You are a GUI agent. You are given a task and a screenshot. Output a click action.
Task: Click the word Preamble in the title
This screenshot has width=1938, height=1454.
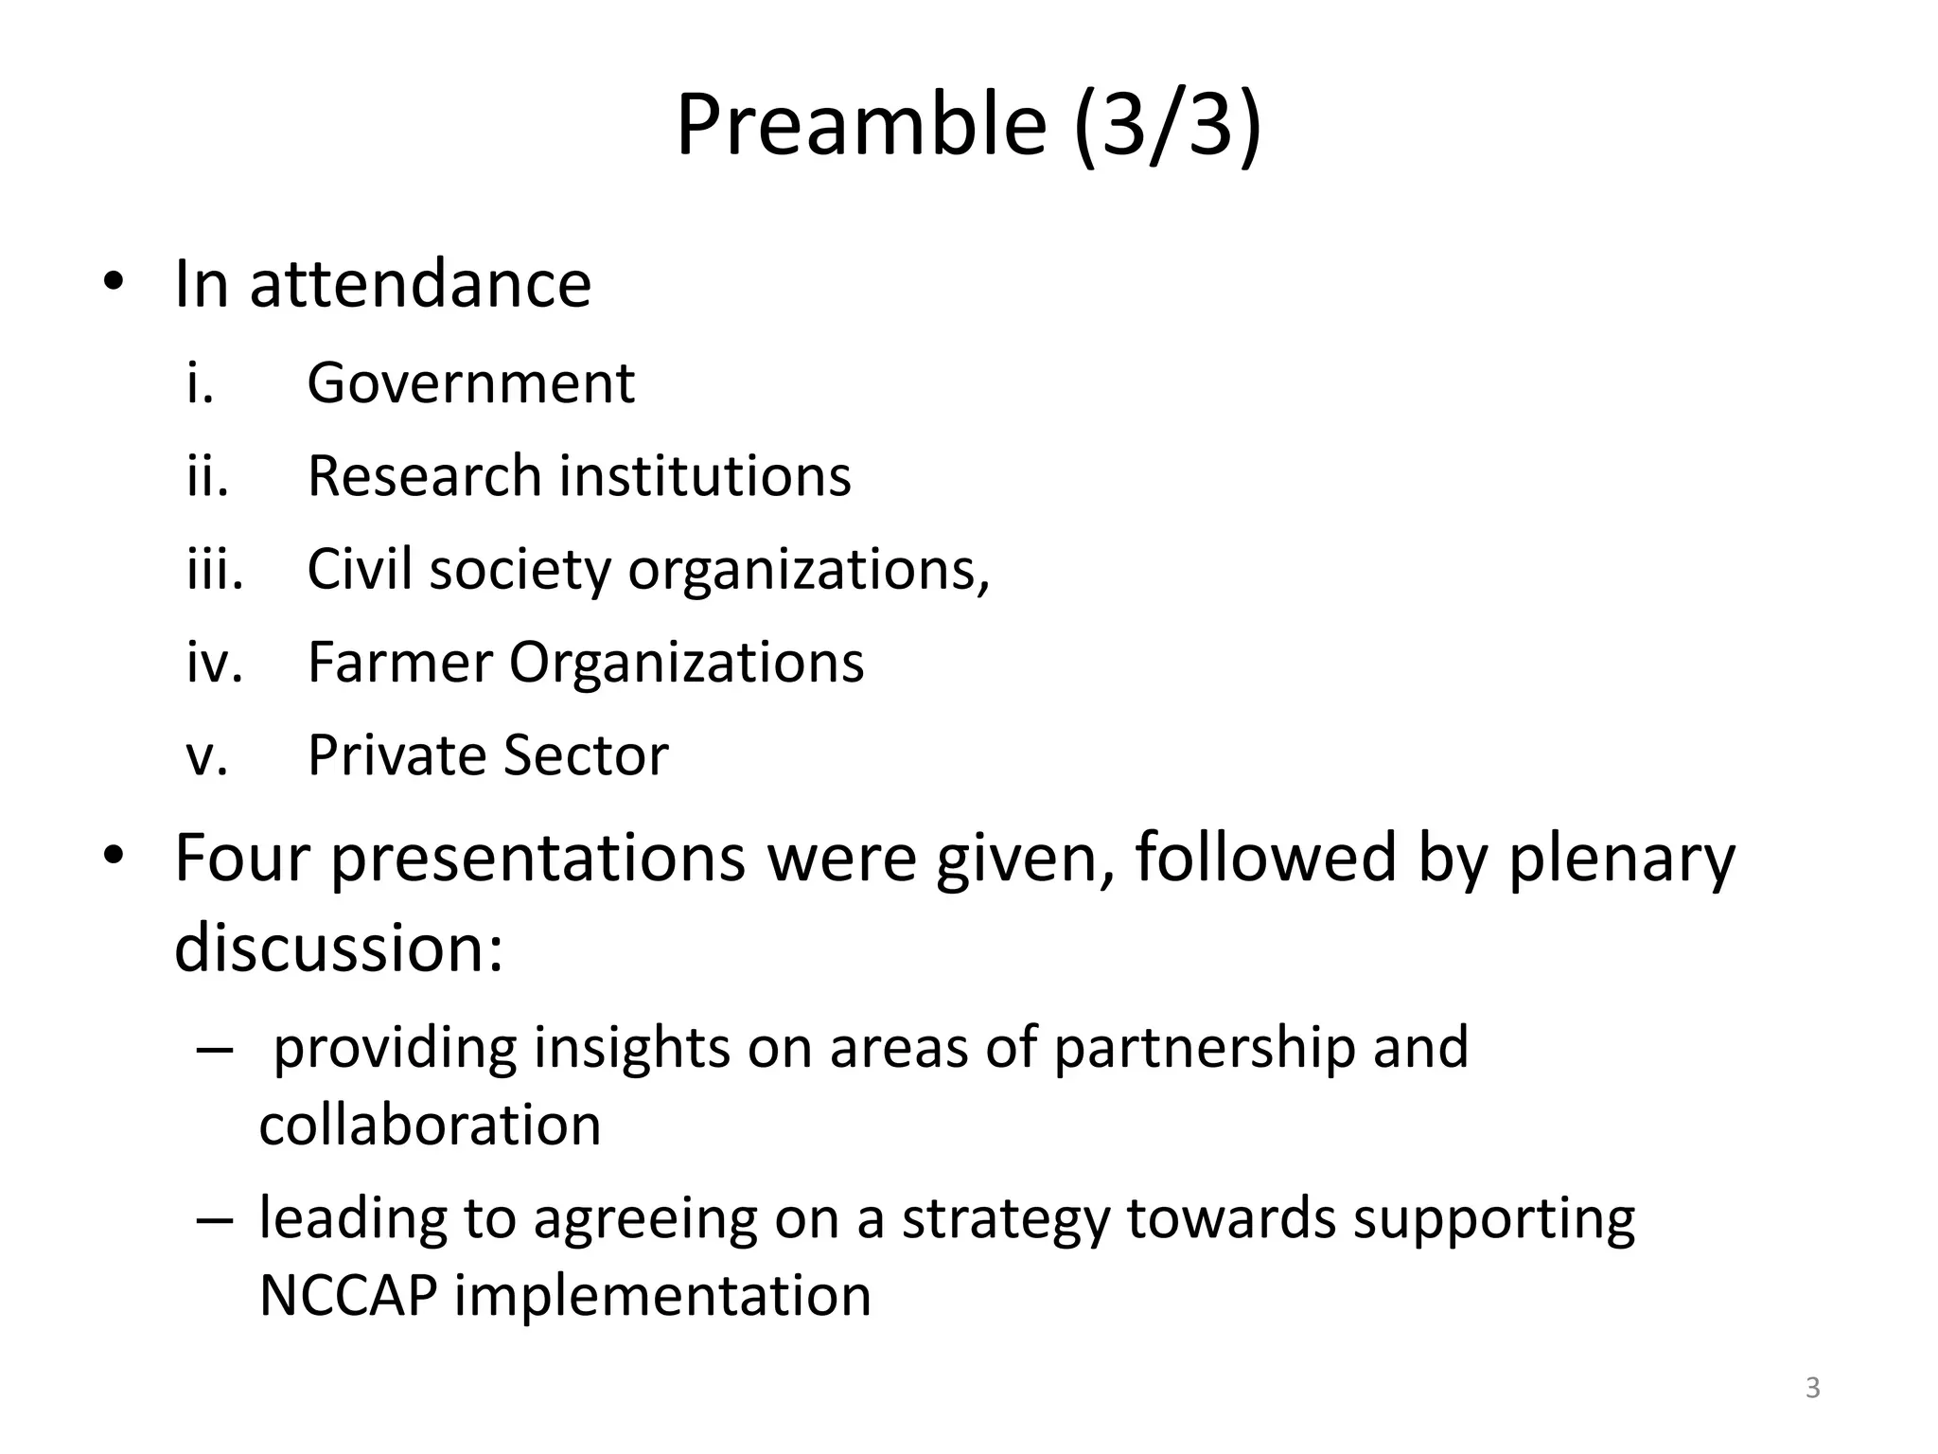(x=861, y=125)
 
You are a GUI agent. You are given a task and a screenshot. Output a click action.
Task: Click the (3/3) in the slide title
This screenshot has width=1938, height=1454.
(x=1168, y=125)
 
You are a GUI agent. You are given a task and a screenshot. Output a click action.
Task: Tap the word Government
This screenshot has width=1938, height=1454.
(x=470, y=383)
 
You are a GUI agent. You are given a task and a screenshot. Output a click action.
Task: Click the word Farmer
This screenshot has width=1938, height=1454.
(x=398, y=662)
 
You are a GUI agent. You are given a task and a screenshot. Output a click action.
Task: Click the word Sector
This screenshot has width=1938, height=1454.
(x=586, y=755)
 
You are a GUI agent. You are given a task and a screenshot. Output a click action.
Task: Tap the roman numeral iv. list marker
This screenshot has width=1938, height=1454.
(x=215, y=662)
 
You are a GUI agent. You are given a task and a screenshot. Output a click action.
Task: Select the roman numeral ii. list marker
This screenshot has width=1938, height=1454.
(x=208, y=475)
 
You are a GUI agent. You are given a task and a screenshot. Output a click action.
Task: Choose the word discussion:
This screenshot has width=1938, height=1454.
(x=338, y=948)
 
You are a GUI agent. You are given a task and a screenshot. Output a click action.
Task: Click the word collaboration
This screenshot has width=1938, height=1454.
(x=430, y=1126)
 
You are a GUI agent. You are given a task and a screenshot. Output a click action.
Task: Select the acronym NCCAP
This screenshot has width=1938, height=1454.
(x=347, y=1296)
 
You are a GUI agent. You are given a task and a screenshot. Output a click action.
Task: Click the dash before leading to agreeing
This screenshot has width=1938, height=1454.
(x=214, y=1219)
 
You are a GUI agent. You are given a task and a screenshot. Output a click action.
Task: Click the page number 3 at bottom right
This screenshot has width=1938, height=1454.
(x=1812, y=1388)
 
